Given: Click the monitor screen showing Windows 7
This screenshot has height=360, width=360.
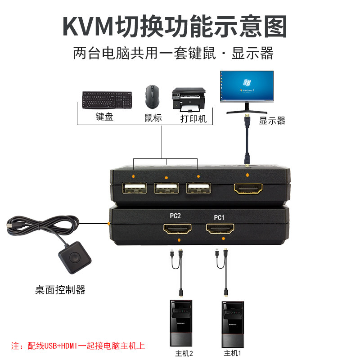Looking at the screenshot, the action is (246, 87).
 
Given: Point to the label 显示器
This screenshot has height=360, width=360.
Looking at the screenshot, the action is (272, 121).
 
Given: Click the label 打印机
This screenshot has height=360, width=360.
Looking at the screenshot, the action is (193, 119).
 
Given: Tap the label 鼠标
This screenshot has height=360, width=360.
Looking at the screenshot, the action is (153, 118).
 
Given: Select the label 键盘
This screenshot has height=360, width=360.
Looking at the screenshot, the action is (104, 117).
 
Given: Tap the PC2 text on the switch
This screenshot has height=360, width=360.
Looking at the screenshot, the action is (175, 216).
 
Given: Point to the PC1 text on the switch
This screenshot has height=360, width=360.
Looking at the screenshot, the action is (219, 218).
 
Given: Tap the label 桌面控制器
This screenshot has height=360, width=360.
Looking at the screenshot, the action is (60, 289).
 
